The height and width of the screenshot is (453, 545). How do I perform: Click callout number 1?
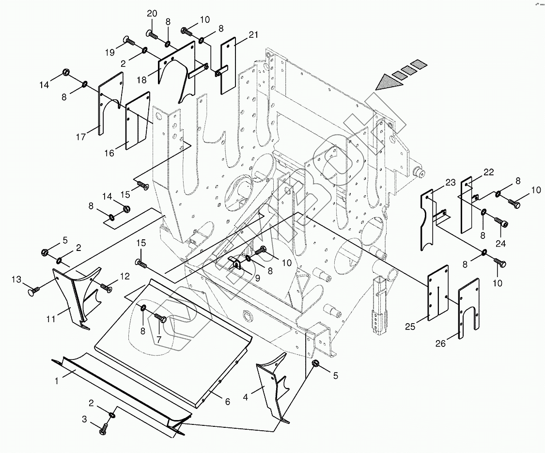click(57, 381)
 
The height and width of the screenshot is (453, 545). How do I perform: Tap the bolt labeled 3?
click(104, 429)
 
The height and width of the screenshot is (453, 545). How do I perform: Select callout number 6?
click(227, 402)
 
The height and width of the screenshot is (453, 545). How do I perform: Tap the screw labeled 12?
click(106, 289)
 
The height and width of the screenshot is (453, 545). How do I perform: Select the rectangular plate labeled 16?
click(136, 121)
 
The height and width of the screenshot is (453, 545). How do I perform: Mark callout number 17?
click(80, 137)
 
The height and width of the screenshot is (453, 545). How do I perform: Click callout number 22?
click(488, 172)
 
